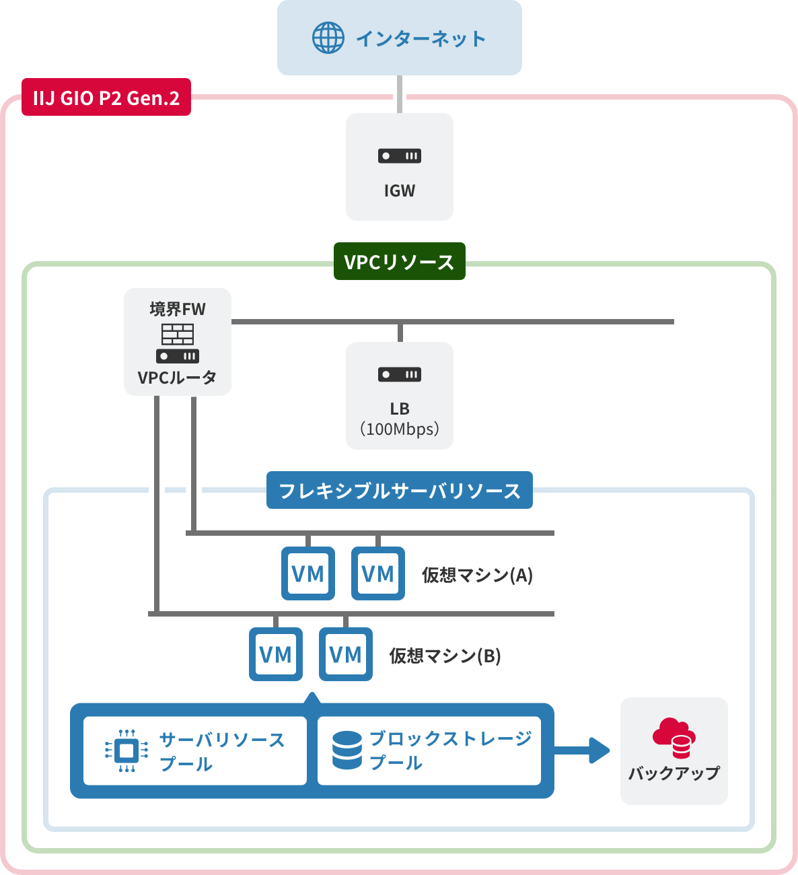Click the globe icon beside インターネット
[x=328, y=38]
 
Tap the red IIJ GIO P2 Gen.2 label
[x=106, y=98]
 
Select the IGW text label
[x=400, y=191]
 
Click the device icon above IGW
[x=400, y=156]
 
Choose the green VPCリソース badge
[x=400, y=261]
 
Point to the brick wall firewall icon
[x=178, y=334]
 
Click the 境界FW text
[x=178, y=309]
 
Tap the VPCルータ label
[x=178, y=378]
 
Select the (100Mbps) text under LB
[x=400, y=429]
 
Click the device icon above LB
[x=400, y=374]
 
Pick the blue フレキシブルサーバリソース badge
[x=400, y=490]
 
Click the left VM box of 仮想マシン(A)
[x=308, y=573]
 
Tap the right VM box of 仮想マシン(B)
[x=346, y=654]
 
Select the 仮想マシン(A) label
[x=477, y=575]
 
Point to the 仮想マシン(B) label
[x=445, y=656]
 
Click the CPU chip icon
[x=126, y=750]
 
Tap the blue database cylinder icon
[x=347, y=750]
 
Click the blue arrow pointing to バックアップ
[x=583, y=750]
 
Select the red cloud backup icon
[x=674, y=738]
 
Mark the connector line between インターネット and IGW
[x=400, y=94]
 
